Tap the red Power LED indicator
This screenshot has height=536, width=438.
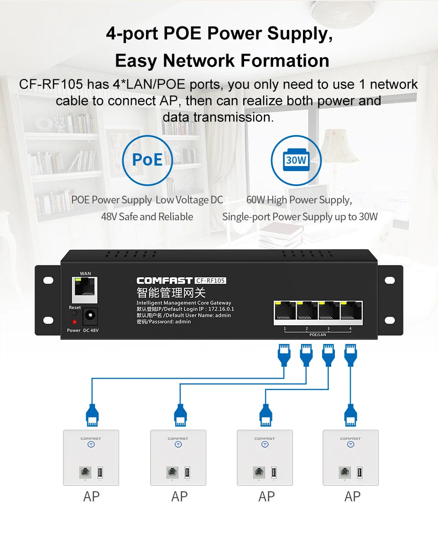click(x=74, y=322)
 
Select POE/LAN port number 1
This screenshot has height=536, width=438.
click(x=285, y=312)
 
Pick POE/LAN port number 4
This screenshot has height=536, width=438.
click(x=351, y=312)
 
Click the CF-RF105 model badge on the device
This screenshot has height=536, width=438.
click(x=210, y=281)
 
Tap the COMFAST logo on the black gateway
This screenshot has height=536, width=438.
click(x=164, y=281)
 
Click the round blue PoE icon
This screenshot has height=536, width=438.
click(x=147, y=160)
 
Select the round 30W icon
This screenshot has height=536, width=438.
click(x=296, y=160)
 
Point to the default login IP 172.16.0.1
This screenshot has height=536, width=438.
click(x=221, y=309)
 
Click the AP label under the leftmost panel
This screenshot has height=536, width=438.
click(x=91, y=497)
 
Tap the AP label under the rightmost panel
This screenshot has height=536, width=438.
click(x=353, y=497)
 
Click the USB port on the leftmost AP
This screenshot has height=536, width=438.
click(x=100, y=472)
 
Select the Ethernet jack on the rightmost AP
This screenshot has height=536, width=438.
click(x=345, y=472)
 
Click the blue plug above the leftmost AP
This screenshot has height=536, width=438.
click(x=92, y=415)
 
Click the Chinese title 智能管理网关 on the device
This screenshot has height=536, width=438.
click(x=171, y=292)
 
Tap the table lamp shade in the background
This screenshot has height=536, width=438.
click(x=340, y=146)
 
